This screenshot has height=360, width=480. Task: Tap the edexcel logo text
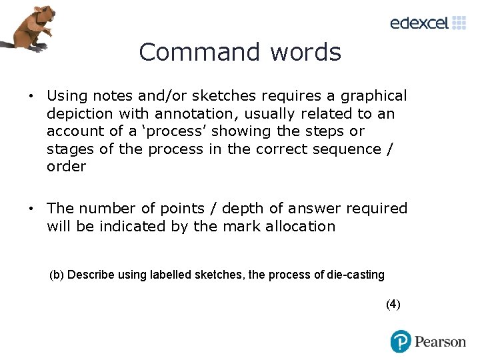[x=419, y=23]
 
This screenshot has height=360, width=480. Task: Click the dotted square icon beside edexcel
[x=459, y=23]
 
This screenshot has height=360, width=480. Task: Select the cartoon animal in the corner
[x=30, y=27]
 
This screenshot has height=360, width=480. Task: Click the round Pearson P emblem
[x=401, y=341]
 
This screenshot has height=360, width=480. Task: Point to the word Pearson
[x=440, y=342]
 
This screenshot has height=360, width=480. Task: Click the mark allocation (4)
[x=393, y=304]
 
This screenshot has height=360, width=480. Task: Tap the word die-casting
[x=357, y=275]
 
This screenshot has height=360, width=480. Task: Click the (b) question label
[x=57, y=275]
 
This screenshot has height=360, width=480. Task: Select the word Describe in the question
[x=91, y=275]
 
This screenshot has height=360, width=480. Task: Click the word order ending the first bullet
[x=67, y=166]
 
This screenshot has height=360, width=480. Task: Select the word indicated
[x=133, y=226]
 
